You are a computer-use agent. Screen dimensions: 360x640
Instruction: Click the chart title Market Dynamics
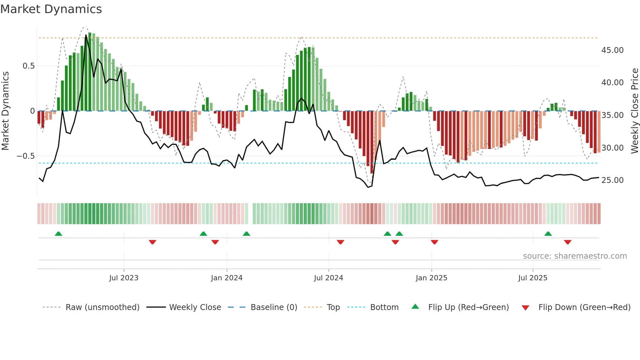tap(51, 9)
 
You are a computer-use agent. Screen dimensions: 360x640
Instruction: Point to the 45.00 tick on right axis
tap(612, 50)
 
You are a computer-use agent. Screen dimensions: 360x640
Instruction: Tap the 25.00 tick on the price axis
tap(612, 180)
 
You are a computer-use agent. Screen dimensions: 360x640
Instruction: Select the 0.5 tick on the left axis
tap(28, 66)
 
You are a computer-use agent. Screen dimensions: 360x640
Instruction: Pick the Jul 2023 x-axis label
tap(124, 278)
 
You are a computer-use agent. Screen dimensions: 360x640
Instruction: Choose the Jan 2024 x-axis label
tap(227, 278)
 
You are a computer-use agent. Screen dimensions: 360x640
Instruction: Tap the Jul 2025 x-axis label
tap(533, 278)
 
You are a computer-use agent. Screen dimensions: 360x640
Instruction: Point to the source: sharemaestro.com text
tap(575, 256)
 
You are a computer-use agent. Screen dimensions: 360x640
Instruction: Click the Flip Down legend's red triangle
tap(525, 308)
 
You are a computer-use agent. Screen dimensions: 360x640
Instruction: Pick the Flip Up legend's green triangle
tap(415, 306)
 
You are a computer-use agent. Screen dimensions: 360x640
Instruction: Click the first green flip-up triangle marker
tap(58, 234)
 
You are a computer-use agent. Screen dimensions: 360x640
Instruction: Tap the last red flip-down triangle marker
tap(568, 242)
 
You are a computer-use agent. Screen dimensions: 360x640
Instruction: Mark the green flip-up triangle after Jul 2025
tap(548, 234)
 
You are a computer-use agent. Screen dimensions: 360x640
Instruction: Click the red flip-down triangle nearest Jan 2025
tap(434, 242)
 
